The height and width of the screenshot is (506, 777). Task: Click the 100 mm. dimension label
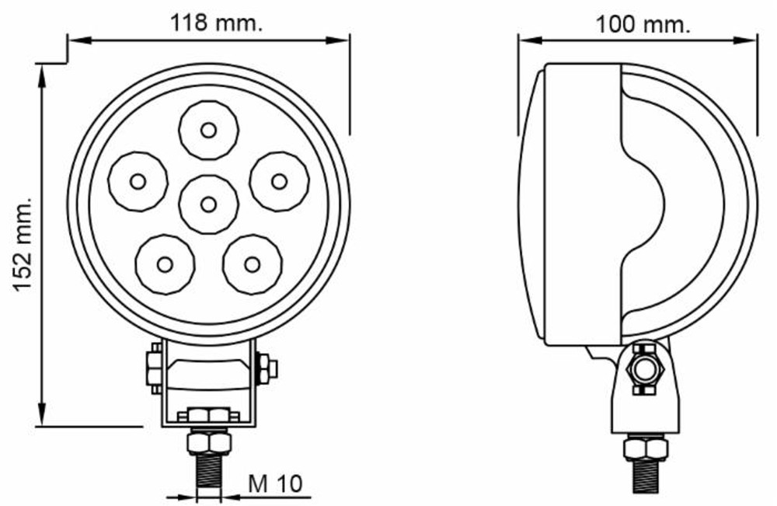click(643, 24)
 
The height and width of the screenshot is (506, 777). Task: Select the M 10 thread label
click(274, 483)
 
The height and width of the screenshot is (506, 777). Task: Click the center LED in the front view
click(208, 204)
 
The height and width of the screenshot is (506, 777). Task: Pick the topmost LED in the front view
click(208, 130)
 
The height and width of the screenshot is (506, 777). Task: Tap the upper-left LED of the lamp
click(138, 181)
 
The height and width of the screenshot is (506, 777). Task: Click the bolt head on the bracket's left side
click(154, 368)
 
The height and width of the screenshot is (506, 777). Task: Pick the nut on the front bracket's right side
click(265, 368)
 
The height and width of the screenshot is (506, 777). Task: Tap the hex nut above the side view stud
click(646, 448)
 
